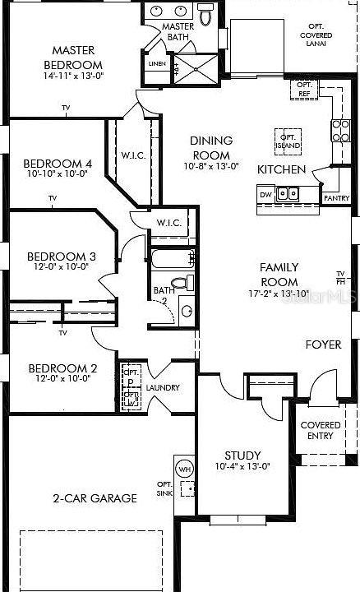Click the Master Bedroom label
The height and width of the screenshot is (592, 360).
coord(72,58)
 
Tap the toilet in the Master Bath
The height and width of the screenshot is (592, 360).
coord(205,15)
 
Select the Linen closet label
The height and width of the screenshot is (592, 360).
coord(155,63)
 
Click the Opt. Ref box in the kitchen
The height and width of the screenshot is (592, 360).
coord(305,90)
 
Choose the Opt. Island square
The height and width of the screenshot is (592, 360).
coord(288,141)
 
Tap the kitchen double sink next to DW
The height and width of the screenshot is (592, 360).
coord(288,194)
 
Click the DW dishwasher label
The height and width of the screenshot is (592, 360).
coord(265,195)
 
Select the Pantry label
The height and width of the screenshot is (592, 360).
coord(336,198)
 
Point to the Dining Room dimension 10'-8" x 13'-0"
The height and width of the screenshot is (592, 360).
coord(211,166)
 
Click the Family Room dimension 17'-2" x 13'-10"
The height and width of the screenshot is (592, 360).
coord(279,294)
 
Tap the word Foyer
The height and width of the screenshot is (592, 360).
coord(323,345)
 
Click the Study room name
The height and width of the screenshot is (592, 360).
coord(242,455)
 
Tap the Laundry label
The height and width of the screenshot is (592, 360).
coord(163,388)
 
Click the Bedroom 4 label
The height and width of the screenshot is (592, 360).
coord(58,163)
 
